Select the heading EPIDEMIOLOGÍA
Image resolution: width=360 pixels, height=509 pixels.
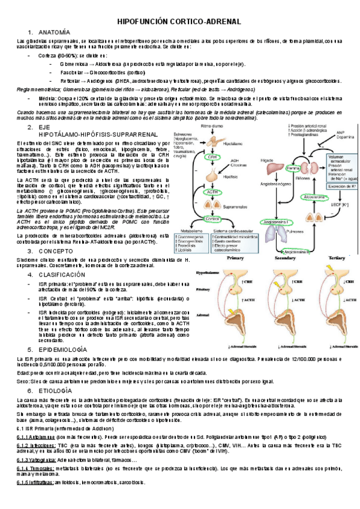pyautogui.click(x=64, y=348)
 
